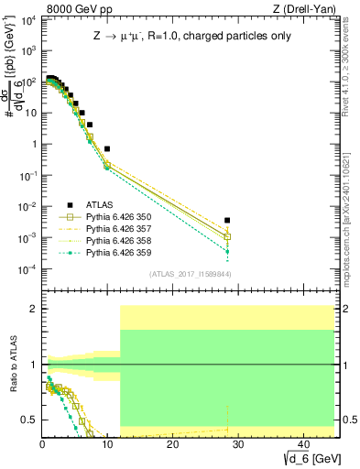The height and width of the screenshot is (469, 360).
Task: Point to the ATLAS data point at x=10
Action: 107,148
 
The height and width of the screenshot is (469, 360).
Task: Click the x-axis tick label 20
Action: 172,444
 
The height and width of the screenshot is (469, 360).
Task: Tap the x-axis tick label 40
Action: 301,444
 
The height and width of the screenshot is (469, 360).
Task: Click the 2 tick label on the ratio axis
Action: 34,309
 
